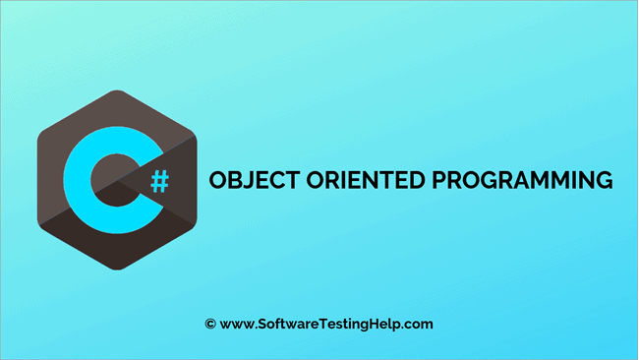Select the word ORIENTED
[350, 182]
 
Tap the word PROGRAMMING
[511, 182]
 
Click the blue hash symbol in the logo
[159, 180]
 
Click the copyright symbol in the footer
[209, 323]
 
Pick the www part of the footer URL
[235, 323]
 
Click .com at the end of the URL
[420, 323]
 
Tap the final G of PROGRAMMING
[602, 182]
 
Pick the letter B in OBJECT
[228, 182]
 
